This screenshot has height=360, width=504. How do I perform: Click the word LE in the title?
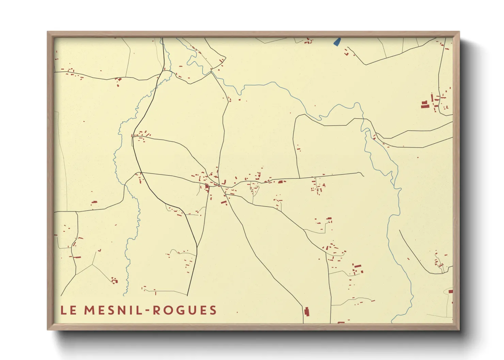point(68,310)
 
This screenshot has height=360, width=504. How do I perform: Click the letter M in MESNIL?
point(90,310)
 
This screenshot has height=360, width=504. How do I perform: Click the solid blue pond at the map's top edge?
point(337,42)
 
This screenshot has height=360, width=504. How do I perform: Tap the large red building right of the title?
point(306,312)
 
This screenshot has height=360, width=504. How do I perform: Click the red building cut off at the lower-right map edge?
point(451,292)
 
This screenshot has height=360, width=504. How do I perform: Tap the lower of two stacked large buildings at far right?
point(424,107)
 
